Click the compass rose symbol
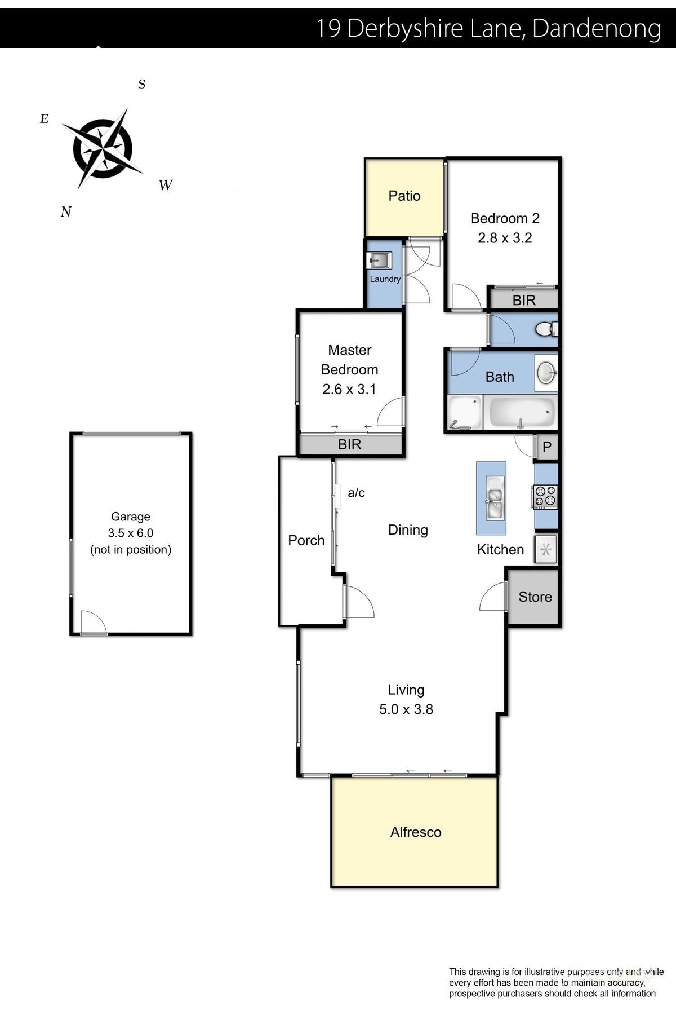[x=103, y=148]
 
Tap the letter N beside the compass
[x=66, y=212]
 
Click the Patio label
[x=404, y=196]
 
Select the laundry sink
[x=379, y=261]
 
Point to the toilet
[x=546, y=329]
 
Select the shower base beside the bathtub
[x=464, y=413]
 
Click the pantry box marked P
[x=546, y=448]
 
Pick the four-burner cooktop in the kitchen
[x=545, y=497]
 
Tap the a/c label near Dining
[x=356, y=493]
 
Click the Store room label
[x=535, y=597]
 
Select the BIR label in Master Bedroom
[x=349, y=444]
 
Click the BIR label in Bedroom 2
[x=524, y=300]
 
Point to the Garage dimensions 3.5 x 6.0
[x=131, y=533]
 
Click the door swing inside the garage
[x=93, y=624]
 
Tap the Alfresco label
[x=415, y=832]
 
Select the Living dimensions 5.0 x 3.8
[x=406, y=709]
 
